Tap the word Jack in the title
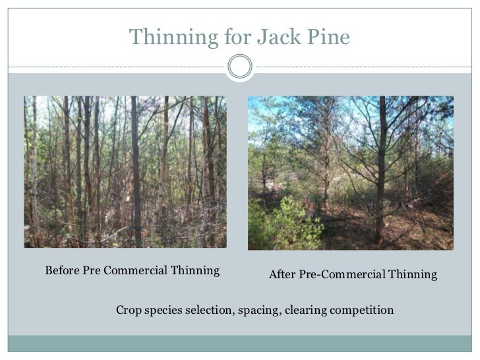(266, 38)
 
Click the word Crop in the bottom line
(129, 309)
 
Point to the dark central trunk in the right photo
(382, 165)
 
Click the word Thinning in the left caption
(195, 270)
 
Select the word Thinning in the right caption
(413, 274)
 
